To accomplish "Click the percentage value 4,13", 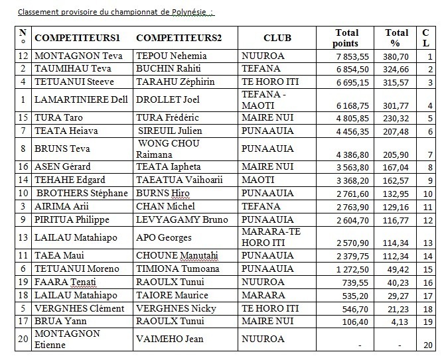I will click(x=400, y=321).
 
